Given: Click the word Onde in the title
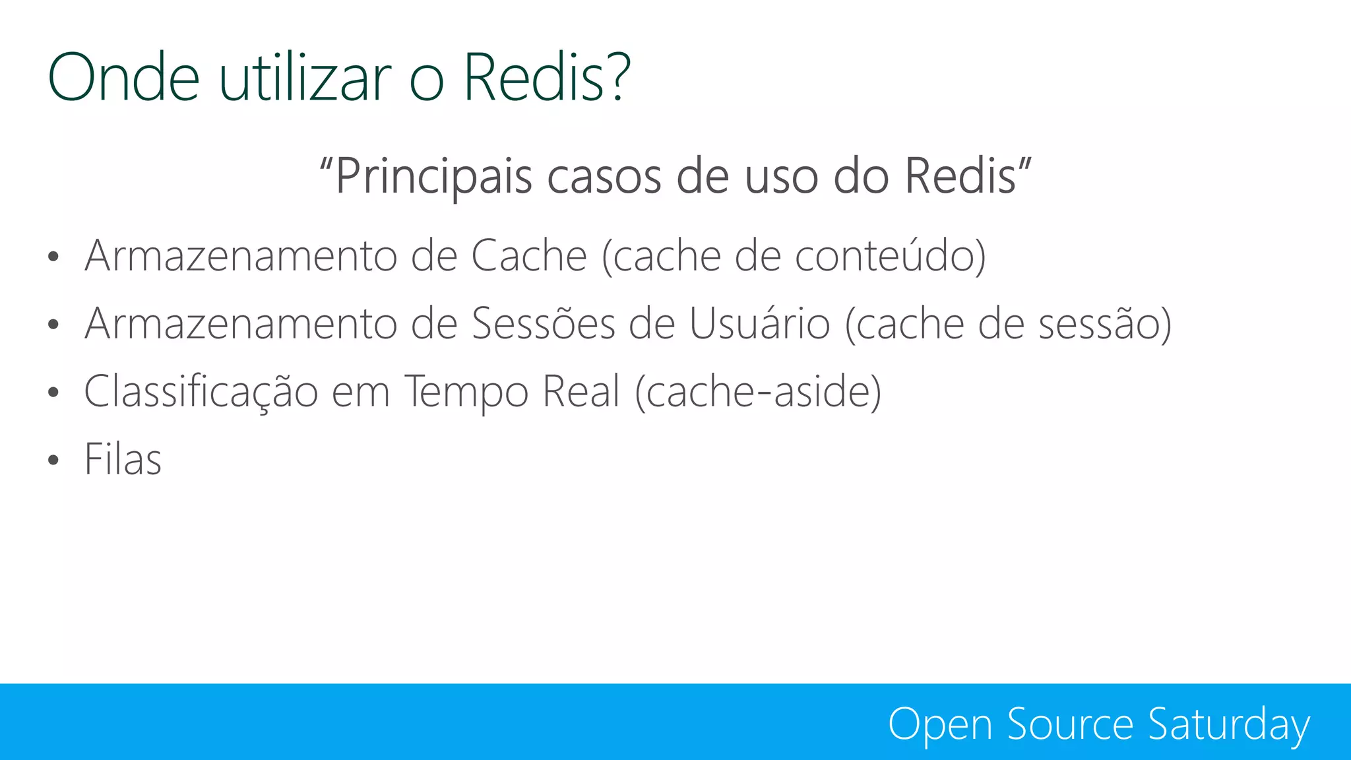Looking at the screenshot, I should click(x=123, y=77).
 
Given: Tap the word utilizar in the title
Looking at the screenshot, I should click(x=305, y=77).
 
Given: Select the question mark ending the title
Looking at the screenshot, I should click(x=619, y=77).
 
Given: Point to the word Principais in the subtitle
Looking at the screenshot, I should click(x=433, y=177).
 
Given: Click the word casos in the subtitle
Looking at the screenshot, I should click(x=604, y=177).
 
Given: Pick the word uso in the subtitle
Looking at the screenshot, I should click(x=781, y=177).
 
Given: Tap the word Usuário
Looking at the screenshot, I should click(x=759, y=324).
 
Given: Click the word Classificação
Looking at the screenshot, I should click(x=201, y=392).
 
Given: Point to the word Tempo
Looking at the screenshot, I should click(x=466, y=392).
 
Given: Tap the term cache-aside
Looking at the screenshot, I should click(x=758, y=392).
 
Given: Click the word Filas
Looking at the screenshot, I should click(x=123, y=459).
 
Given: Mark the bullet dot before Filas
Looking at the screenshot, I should click(x=53, y=460).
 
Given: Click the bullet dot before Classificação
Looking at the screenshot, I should click(x=53, y=393).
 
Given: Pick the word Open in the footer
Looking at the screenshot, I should click(x=939, y=725).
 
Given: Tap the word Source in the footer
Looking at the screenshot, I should click(x=1070, y=724).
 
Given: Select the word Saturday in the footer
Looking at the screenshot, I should click(x=1228, y=725).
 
